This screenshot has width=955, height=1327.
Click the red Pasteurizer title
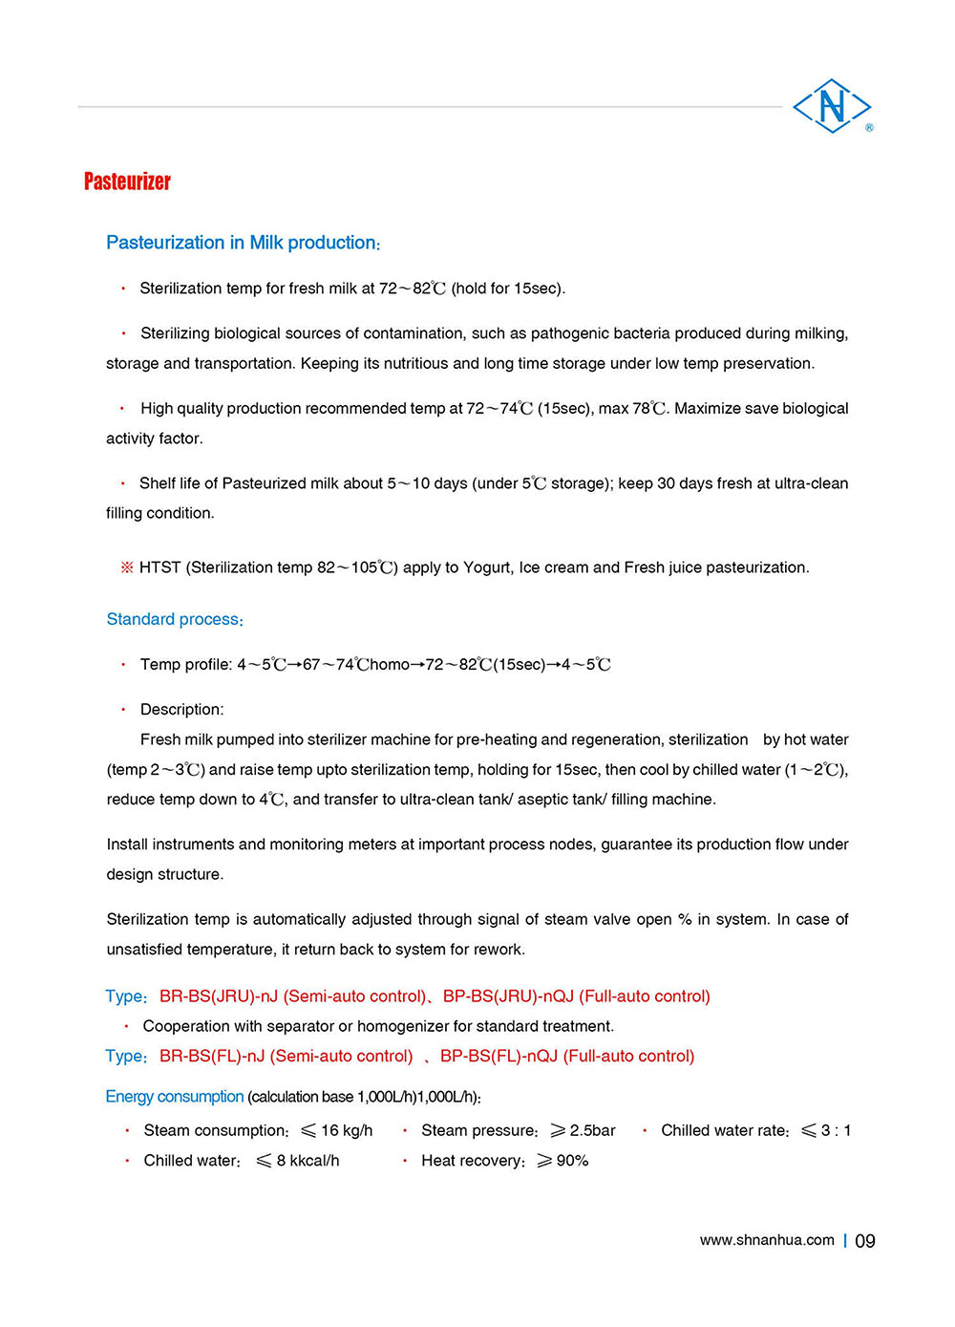click(127, 182)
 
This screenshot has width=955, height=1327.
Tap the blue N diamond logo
click(832, 105)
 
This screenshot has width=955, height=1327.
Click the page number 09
click(865, 1241)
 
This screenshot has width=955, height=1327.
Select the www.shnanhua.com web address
click(767, 1240)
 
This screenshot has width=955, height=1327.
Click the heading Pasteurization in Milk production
click(243, 243)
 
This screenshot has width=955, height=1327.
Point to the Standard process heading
click(174, 619)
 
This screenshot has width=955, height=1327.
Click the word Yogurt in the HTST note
click(486, 567)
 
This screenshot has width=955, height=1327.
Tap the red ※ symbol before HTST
click(127, 567)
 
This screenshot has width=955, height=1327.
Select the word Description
click(181, 709)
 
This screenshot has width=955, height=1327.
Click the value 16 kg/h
click(347, 1130)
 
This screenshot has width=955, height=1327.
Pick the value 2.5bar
click(592, 1130)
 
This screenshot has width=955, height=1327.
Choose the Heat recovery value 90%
click(572, 1161)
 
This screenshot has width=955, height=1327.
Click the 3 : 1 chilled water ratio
click(836, 1130)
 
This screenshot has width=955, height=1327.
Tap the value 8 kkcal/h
click(308, 1161)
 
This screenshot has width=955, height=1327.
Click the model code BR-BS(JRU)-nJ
click(219, 996)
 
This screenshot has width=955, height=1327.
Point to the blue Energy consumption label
click(175, 1097)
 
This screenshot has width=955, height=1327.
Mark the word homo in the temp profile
click(390, 664)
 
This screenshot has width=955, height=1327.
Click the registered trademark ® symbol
click(869, 127)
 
